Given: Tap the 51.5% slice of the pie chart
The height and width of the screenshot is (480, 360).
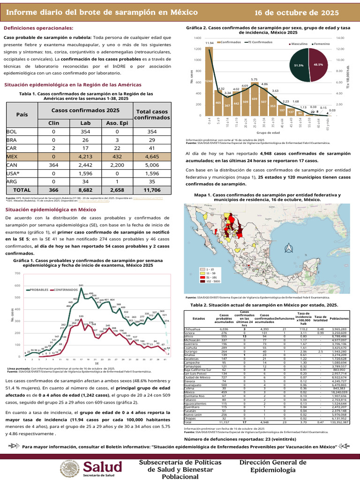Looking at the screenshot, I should [x=299, y=66].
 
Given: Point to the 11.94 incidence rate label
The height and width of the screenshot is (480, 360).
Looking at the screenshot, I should [x=210, y=43].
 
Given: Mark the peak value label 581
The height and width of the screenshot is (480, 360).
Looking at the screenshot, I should [x=81, y=285].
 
